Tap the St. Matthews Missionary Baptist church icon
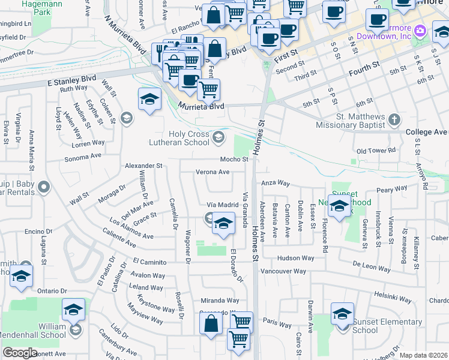coord(394,119)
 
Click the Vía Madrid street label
coord(223,205)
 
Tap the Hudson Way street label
coord(295,258)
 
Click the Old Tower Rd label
coord(376,151)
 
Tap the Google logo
coord(20,353)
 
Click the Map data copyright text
coord(423,355)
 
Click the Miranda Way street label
coord(220,301)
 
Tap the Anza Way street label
coord(274,183)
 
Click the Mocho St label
coord(234,159)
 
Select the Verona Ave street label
coord(212,172)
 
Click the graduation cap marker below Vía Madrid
coord(223,225)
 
